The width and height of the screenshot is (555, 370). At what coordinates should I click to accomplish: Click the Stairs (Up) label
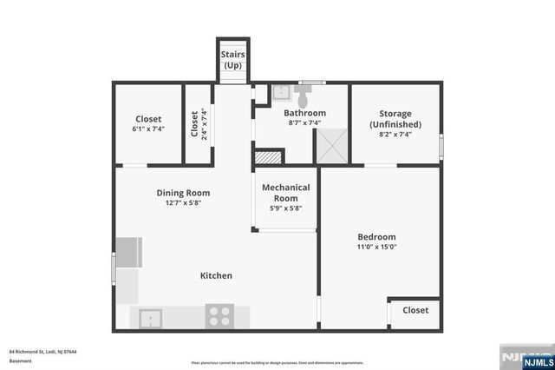coord(233,60)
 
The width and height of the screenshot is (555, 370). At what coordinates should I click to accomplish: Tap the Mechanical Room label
coord(285,193)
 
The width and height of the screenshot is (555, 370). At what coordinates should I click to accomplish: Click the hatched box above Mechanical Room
coord(269,158)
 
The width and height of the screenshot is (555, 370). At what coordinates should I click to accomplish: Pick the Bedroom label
coord(376,236)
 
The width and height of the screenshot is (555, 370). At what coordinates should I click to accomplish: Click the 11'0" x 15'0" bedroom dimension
coord(376,247)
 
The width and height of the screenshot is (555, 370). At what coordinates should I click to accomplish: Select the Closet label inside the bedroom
coord(415,310)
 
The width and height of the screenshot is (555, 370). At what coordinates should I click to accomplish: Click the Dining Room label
coord(183,193)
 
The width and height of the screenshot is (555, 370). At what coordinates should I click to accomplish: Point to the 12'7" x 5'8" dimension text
coord(183,204)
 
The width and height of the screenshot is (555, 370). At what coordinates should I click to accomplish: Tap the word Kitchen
coord(216,275)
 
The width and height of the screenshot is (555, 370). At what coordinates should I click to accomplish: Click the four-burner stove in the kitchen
coord(219,317)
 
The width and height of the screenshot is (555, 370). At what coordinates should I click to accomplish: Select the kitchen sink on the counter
coord(151,318)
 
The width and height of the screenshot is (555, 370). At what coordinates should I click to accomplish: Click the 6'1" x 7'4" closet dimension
coord(148,129)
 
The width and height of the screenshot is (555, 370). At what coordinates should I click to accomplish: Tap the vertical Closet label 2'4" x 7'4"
coord(198,123)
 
